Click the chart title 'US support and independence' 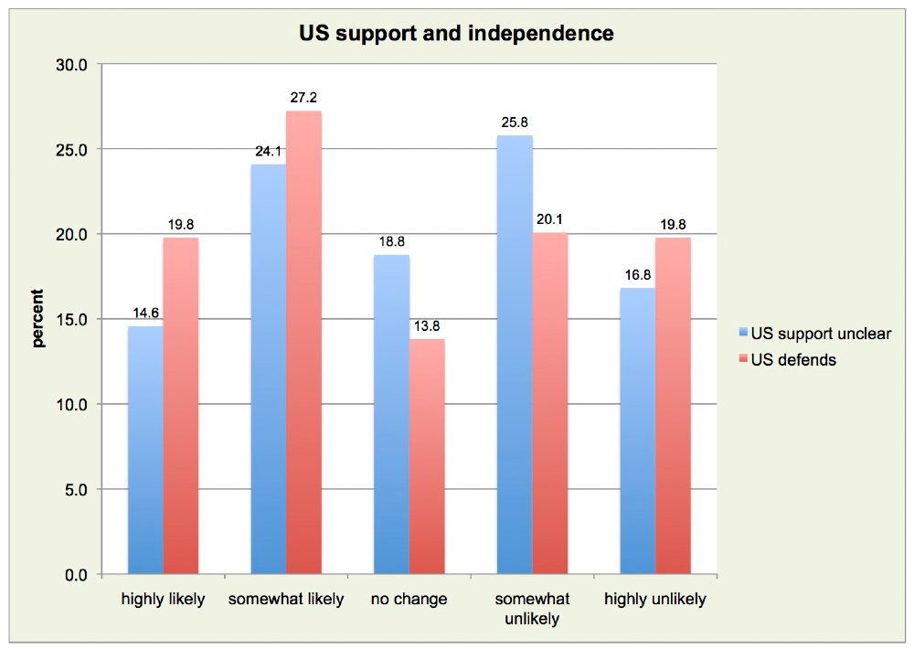tap(457, 35)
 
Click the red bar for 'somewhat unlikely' tap(549, 403)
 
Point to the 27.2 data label tap(304, 98)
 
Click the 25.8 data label tap(515, 122)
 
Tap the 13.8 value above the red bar tap(428, 325)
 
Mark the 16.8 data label tap(637, 275)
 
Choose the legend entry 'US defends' tap(792, 359)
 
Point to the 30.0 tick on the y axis tap(72, 65)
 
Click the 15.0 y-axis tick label tap(72, 320)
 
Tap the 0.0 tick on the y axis tap(76, 575)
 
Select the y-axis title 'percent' tap(38, 319)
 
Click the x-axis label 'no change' tap(409, 600)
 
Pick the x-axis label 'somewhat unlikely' tap(532, 609)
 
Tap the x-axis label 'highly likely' tap(164, 600)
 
